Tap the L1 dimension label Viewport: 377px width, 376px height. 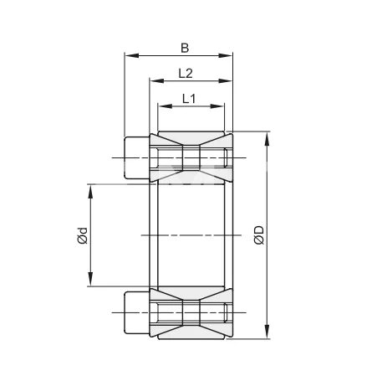tap(189, 99)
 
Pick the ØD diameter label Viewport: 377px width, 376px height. tap(258, 237)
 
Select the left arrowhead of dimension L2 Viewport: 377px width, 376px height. tap(154, 82)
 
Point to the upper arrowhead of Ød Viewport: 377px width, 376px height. tap(90, 186)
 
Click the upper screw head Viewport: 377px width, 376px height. tap(136, 157)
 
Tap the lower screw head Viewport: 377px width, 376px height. tap(136, 311)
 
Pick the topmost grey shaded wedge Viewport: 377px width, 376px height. tap(191, 138)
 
